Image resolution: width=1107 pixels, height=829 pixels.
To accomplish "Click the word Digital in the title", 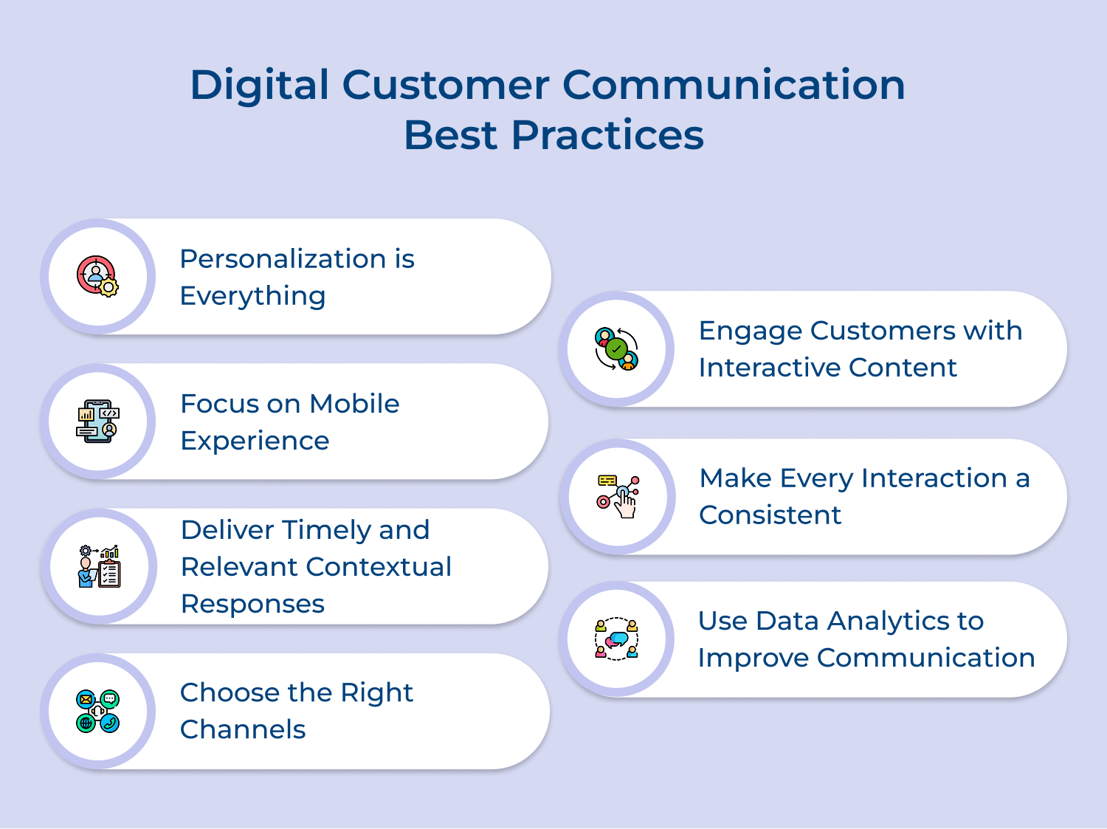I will [259, 85].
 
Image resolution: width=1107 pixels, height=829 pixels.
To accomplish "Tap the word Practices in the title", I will [607, 135].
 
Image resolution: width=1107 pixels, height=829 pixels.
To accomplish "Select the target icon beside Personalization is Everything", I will [97, 276].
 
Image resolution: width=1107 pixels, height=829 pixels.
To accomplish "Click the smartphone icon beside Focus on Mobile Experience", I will [97, 422].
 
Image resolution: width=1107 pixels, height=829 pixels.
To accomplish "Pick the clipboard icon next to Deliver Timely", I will [99, 566].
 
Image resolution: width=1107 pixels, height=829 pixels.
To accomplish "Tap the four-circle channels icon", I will [97, 711].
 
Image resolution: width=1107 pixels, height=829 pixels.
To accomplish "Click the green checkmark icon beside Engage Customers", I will [616, 348].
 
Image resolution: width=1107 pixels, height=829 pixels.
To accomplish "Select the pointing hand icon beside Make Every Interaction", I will [618, 497].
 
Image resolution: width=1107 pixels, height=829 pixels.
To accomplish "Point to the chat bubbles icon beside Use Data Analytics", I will [616, 639].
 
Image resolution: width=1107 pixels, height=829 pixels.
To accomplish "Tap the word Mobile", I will [354, 404].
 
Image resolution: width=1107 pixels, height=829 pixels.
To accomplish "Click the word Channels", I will [243, 729].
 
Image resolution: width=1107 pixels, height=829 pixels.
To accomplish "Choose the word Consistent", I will [770, 515].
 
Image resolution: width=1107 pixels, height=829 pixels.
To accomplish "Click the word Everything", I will [252, 296].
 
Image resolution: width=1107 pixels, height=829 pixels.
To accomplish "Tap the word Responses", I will [252, 604].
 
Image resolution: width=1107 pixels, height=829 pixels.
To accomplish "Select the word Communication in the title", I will [734, 85].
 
